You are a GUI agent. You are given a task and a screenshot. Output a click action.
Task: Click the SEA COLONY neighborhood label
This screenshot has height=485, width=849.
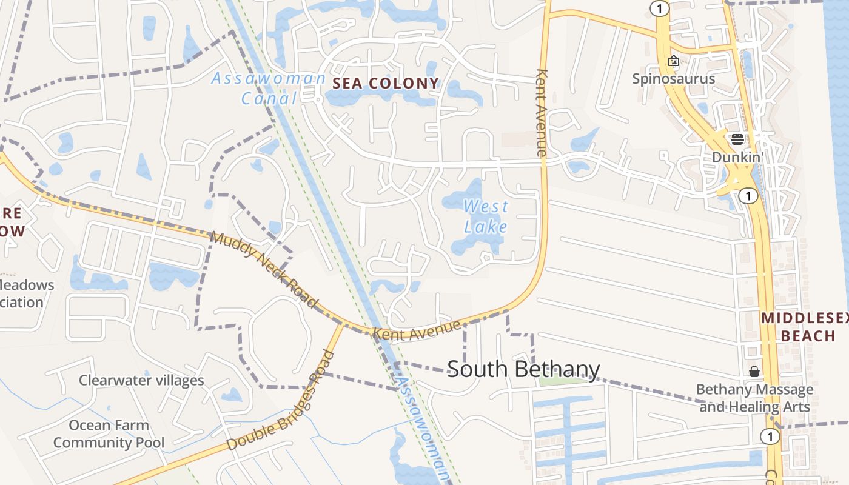pos(386,84)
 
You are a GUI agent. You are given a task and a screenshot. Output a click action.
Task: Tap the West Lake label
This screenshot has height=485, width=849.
pos(486,216)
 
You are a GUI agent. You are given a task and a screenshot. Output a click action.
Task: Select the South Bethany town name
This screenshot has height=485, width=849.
pos(523,369)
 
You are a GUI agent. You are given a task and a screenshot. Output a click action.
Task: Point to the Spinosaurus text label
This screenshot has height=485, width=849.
pos(674,79)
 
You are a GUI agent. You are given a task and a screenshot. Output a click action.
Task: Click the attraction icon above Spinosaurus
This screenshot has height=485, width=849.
pos(673,61)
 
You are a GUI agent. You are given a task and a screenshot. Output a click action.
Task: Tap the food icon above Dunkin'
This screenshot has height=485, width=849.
pos(737,139)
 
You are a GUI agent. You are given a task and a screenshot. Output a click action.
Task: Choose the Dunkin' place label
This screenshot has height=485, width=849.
pos(737,157)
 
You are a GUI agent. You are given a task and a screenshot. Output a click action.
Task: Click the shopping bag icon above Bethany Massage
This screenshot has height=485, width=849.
pos(754,371)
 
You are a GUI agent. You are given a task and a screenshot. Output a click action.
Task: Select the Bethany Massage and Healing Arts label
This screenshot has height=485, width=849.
pos(755,398)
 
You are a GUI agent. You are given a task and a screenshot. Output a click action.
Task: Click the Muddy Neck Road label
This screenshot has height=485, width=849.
pos(264,269)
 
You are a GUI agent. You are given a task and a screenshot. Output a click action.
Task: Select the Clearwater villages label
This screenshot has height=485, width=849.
pos(141,381)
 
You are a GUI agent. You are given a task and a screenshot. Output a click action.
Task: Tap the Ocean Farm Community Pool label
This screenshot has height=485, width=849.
pos(109,434)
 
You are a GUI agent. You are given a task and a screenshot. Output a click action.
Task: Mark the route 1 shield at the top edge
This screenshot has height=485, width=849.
pos(659,8)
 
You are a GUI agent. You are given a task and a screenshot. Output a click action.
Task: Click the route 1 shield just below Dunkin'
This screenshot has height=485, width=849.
pos(750,196)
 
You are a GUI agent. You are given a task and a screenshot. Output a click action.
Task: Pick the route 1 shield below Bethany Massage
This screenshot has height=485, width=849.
pos(770,436)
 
